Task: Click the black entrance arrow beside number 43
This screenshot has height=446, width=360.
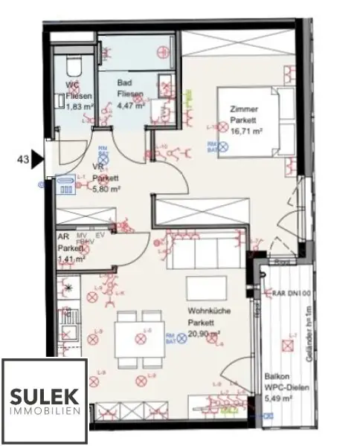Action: point(38,158)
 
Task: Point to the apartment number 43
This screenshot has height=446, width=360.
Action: point(23,158)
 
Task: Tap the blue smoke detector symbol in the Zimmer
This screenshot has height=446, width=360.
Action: point(213,147)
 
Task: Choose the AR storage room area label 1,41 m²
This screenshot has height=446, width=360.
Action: point(72,259)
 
